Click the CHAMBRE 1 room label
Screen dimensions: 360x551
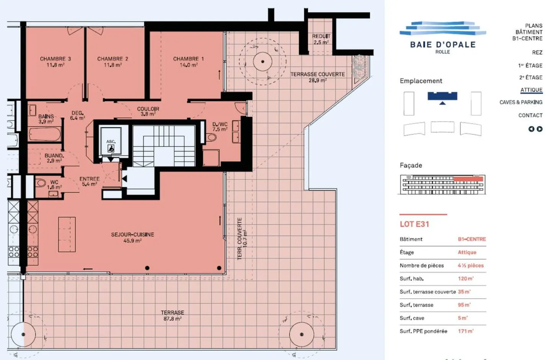click(x=188, y=62)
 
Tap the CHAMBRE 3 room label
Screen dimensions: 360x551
click(x=55, y=62)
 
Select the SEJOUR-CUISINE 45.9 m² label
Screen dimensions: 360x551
click(x=132, y=237)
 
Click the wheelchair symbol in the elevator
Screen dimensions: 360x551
click(x=111, y=149)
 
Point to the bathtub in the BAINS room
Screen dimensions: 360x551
click(x=45, y=135)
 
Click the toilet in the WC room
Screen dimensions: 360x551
click(x=41, y=183)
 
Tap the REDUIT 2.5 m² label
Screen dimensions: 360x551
click(x=321, y=39)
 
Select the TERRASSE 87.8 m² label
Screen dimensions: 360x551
click(x=173, y=315)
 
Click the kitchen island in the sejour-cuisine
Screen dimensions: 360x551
click(x=67, y=234)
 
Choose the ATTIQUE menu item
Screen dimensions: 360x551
click(x=531, y=90)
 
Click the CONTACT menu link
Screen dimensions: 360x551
click(x=530, y=115)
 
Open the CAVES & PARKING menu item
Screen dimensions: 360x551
click(x=521, y=102)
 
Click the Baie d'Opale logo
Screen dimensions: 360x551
click(x=443, y=37)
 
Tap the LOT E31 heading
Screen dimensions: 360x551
click(x=414, y=224)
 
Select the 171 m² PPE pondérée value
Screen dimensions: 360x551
click(x=466, y=331)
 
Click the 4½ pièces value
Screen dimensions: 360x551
click(x=471, y=265)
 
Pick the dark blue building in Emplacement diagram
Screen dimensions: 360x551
click(x=442, y=96)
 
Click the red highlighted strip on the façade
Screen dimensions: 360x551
click(x=468, y=179)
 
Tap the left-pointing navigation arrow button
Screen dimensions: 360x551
click(x=531, y=129)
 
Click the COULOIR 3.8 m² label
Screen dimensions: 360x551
click(x=148, y=111)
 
